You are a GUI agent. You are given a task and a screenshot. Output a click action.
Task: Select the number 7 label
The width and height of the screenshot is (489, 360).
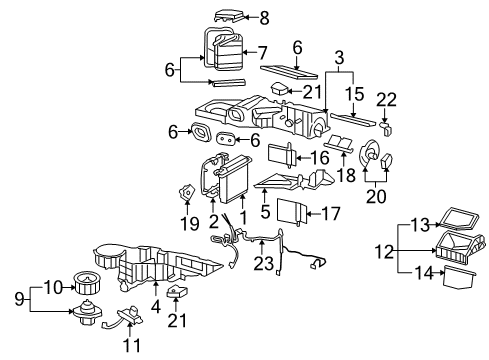click(263, 51)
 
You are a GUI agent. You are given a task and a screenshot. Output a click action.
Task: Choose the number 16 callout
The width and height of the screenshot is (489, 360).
click(319, 157)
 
